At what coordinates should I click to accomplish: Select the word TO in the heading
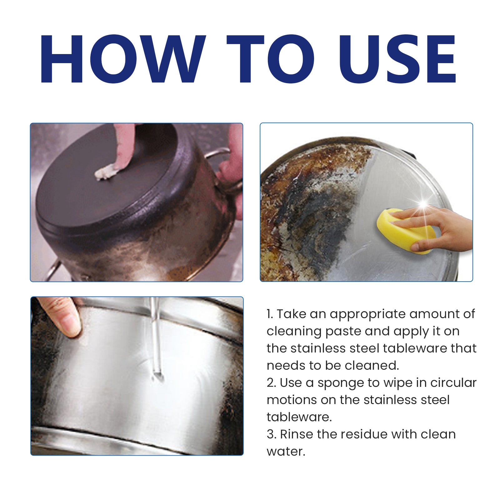[271, 59]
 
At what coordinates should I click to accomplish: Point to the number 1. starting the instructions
[270, 314]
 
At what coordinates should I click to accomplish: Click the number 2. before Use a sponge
[271, 383]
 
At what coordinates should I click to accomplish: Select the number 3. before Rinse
[271, 434]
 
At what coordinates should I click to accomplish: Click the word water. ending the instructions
[286, 452]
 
